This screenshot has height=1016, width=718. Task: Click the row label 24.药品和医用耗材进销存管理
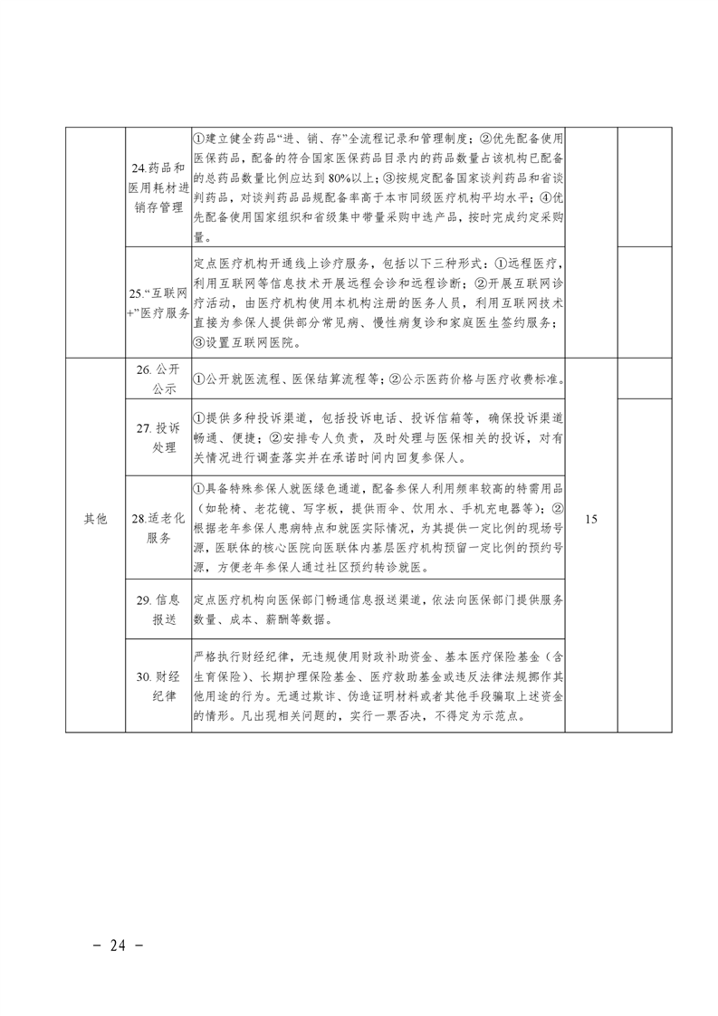tap(158, 187)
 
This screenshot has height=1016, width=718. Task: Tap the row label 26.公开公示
tap(158, 379)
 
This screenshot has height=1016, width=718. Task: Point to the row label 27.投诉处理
tap(158, 437)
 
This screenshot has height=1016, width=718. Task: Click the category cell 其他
tap(95, 520)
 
